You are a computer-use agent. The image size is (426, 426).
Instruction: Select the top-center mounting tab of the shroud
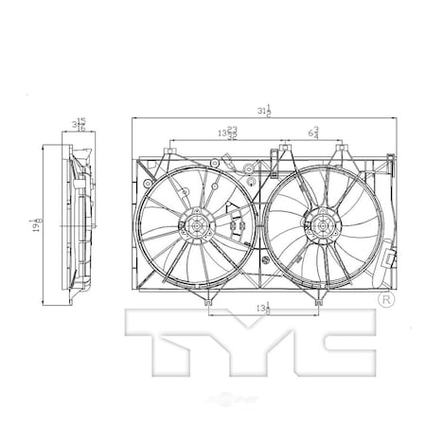coord(284,150)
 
